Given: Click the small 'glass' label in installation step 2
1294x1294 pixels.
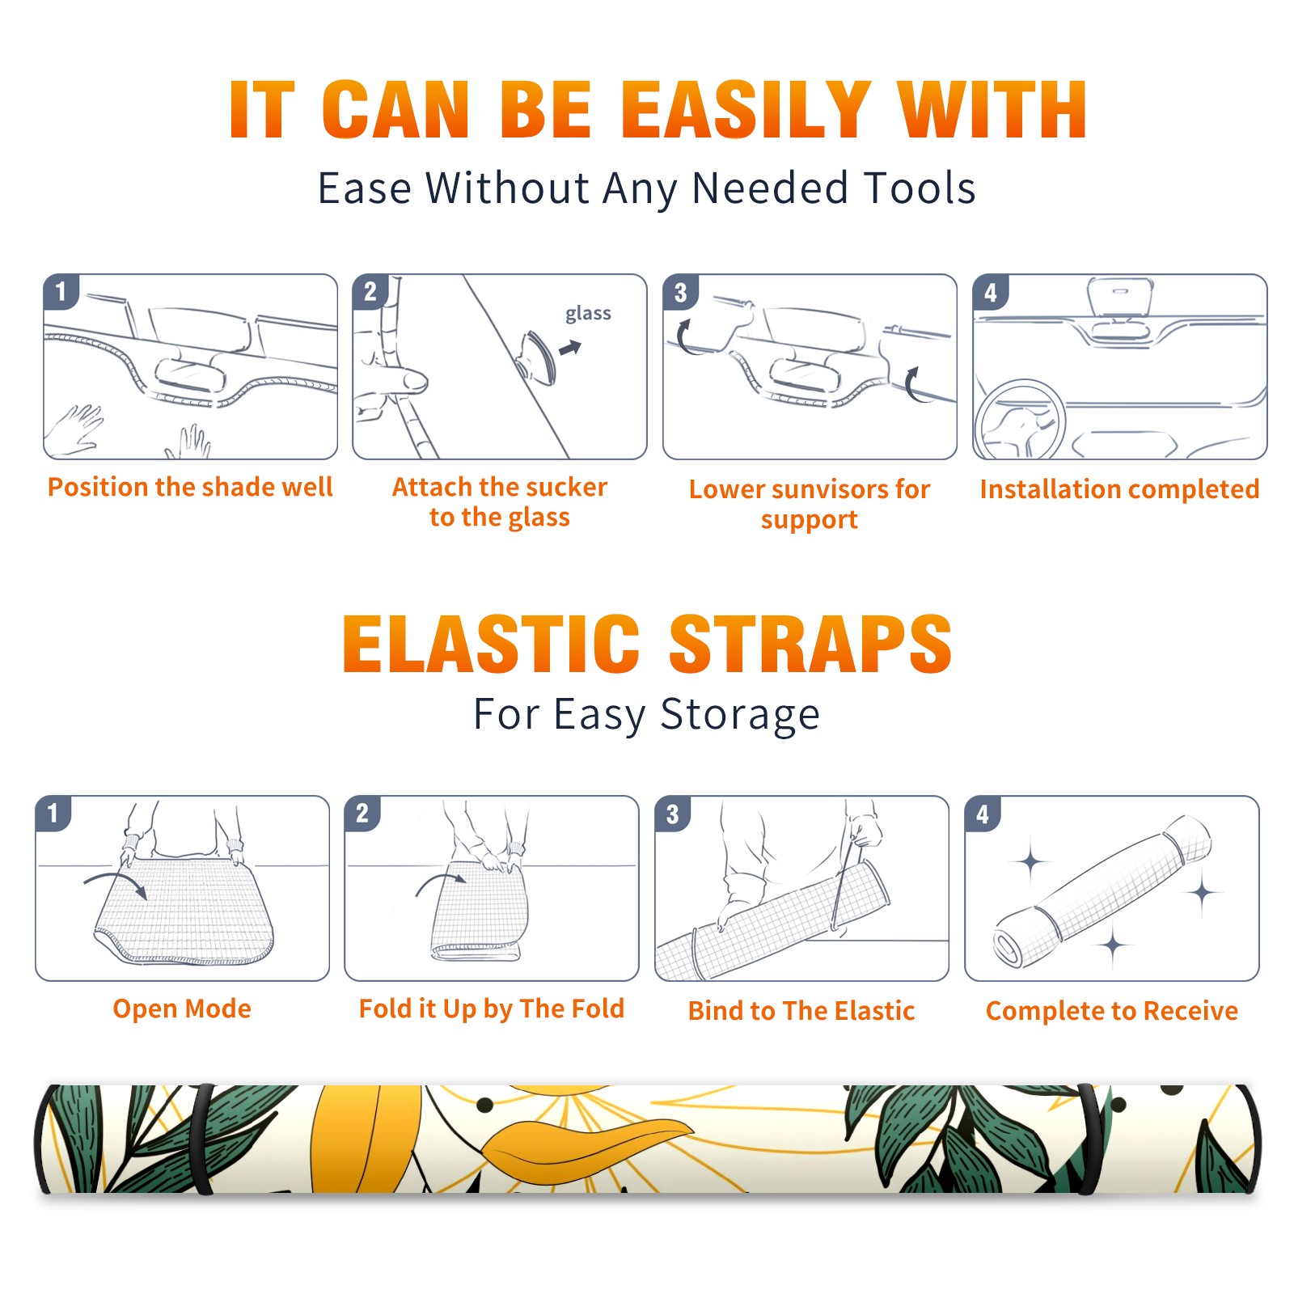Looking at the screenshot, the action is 588,314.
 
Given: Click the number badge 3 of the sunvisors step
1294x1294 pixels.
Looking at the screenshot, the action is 680,292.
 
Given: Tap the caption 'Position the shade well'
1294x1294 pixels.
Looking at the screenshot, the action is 190,487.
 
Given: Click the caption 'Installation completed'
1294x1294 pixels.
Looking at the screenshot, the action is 1119,489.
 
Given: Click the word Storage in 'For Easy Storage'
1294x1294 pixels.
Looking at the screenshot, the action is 740,716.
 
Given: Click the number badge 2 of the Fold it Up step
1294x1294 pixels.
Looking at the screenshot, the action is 362,813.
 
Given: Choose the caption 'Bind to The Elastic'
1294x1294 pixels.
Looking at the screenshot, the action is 801,1010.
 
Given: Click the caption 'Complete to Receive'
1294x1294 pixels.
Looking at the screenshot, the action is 1111,1010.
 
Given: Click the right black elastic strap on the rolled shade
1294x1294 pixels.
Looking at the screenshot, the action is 1092,1140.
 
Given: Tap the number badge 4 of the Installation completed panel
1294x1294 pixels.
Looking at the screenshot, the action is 990,292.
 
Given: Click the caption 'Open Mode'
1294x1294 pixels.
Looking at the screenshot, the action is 182,1009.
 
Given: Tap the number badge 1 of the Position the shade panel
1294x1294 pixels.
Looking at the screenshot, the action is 61,292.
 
